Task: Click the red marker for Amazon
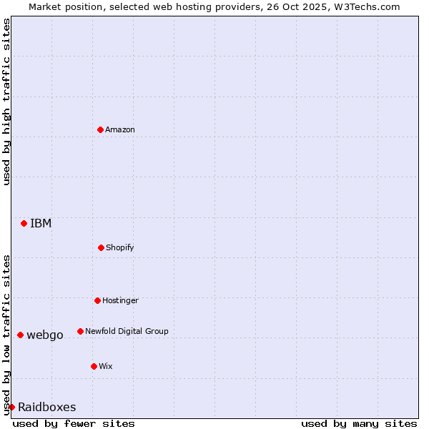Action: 100,129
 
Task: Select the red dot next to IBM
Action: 24,223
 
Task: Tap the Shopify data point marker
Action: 101,247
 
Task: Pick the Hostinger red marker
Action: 97,300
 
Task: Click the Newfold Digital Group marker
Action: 80,331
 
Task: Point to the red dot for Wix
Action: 94,366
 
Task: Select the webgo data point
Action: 20,335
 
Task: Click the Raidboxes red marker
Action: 11,407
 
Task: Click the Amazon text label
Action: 120,129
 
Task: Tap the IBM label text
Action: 41,223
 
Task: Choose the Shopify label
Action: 120,247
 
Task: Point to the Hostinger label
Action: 120,300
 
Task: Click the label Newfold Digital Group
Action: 127,331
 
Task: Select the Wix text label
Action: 106,366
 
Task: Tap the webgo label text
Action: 45,335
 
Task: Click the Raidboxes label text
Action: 47,407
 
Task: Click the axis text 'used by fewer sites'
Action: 74,423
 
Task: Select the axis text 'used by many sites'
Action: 359,423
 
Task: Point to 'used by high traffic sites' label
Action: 6,102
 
